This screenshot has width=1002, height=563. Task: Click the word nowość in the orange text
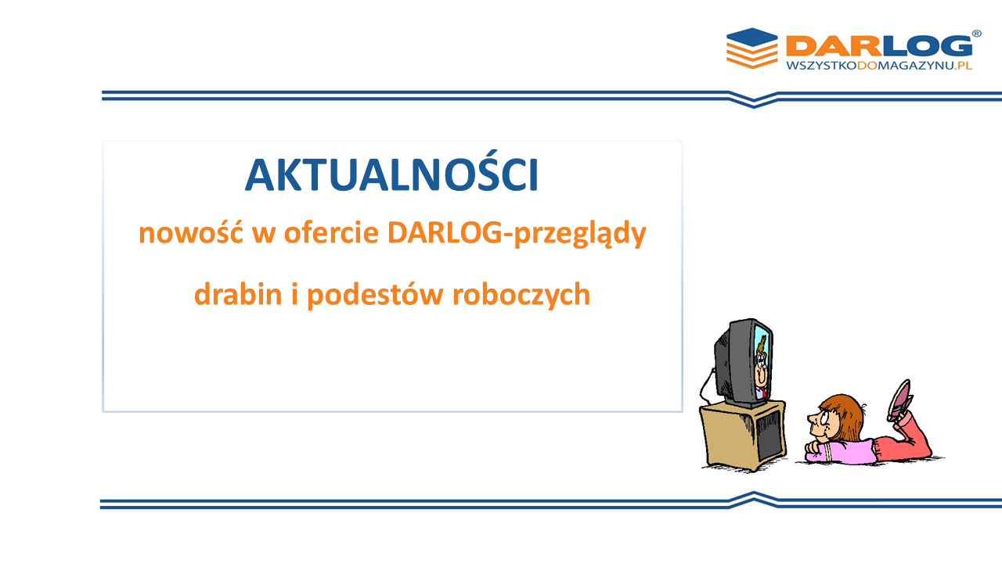click(191, 233)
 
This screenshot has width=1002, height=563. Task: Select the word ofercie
click(331, 233)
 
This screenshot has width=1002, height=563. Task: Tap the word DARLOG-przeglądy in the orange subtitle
click(517, 234)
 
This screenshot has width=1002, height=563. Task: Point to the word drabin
click(238, 294)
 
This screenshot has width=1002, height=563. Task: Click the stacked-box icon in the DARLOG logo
click(752, 48)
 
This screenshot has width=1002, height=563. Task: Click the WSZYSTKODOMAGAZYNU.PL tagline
click(879, 66)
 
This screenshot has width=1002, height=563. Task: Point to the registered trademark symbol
click(977, 34)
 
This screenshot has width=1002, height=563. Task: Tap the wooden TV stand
click(744, 435)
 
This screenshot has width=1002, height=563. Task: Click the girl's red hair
click(843, 415)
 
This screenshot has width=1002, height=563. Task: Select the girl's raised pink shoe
click(899, 400)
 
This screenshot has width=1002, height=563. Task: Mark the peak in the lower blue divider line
click(754, 493)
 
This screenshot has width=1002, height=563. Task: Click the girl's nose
click(811, 418)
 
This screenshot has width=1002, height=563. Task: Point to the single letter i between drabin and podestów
click(294, 294)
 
